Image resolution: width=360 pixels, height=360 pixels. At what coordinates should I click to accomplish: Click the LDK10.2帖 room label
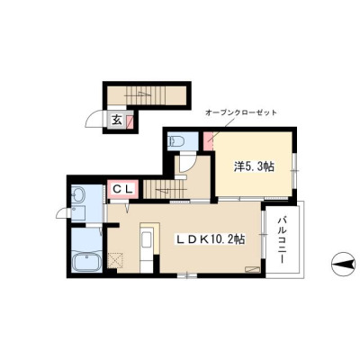point(211,239)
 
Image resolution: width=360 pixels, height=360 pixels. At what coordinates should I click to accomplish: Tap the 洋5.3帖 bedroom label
point(254,166)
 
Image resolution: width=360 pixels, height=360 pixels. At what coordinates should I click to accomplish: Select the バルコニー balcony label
point(282,240)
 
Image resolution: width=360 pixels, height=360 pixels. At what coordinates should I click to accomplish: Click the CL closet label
point(122,189)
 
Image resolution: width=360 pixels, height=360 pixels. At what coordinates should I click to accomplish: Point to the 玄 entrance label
point(117,120)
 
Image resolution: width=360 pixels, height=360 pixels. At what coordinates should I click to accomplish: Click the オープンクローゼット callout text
point(241,113)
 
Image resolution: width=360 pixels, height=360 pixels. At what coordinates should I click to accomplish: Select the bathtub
point(87,261)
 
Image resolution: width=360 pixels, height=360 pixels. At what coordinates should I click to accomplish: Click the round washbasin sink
point(78,194)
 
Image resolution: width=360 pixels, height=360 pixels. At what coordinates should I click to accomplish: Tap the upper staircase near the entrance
point(146,94)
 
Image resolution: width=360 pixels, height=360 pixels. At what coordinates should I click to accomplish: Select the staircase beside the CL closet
point(163,189)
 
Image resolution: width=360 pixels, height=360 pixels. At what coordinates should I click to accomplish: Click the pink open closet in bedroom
point(208,141)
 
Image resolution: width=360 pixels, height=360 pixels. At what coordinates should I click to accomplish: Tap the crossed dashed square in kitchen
point(115,259)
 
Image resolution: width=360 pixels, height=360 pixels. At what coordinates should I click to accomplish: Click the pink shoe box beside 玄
point(130,121)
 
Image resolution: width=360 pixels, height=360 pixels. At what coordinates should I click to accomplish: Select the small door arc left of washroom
point(64,213)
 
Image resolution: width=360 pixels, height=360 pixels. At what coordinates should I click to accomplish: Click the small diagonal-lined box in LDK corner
point(252,269)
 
